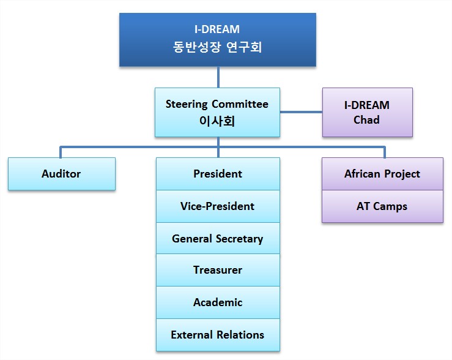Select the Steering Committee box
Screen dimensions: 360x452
pyautogui.click(x=217, y=112)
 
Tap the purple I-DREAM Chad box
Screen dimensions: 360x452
pyautogui.click(x=367, y=112)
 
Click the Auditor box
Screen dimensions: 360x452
pyautogui.click(x=61, y=174)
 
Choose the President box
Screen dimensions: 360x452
pyautogui.click(x=218, y=174)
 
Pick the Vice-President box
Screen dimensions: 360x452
pyautogui.click(x=218, y=206)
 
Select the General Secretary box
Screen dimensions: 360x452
pyautogui.click(x=218, y=239)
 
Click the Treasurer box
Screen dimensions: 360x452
pyautogui.click(x=218, y=270)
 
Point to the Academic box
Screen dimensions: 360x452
pyautogui.click(x=218, y=302)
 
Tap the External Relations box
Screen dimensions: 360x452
pyautogui.click(x=218, y=335)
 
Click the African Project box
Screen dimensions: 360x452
pyautogui.click(x=382, y=174)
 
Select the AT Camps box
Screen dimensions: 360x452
pyautogui.click(x=382, y=206)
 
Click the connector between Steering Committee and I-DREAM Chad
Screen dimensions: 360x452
pyautogui.click(x=301, y=112)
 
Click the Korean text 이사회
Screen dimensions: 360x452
pyautogui.click(x=217, y=121)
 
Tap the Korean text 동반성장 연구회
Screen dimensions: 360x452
pyautogui.click(x=217, y=47)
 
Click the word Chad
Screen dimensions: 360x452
pyautogui.click(x=366, y=120)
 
